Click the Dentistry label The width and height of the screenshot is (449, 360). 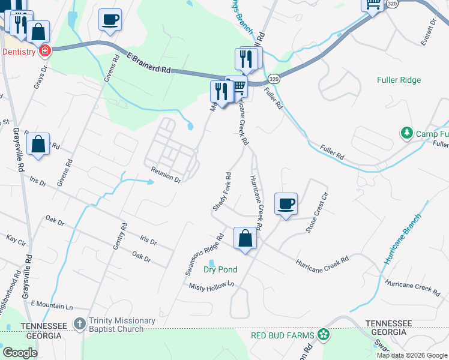coord(19,52)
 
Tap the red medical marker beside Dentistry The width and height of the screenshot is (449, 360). coord(44,51)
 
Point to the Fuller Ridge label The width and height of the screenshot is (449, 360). coord(399,80)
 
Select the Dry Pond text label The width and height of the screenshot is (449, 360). coord(220,269)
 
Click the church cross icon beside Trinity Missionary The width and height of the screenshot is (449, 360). coord(80,323)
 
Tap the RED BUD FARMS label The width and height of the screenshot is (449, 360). coord(283,334)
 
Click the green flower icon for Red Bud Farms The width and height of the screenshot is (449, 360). coord(324,334)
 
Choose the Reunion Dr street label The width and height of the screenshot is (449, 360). coord(166,175)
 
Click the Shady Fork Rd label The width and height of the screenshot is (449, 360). coord(221,191)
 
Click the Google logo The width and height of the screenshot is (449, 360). coord(20,353)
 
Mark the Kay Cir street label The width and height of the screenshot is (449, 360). coord(16,240)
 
